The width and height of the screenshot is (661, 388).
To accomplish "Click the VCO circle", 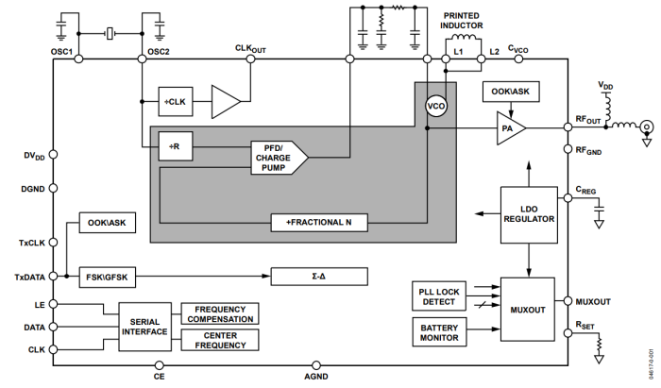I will click(435, 106).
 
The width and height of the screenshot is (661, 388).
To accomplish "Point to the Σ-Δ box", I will click(318, 277).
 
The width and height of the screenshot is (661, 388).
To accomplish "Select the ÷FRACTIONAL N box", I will click(319, 223).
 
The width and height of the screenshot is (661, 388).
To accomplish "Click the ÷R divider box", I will click(174, 147).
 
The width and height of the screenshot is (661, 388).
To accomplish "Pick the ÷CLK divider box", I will click(176, 100).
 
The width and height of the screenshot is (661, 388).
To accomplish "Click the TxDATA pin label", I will click(30, 276).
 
